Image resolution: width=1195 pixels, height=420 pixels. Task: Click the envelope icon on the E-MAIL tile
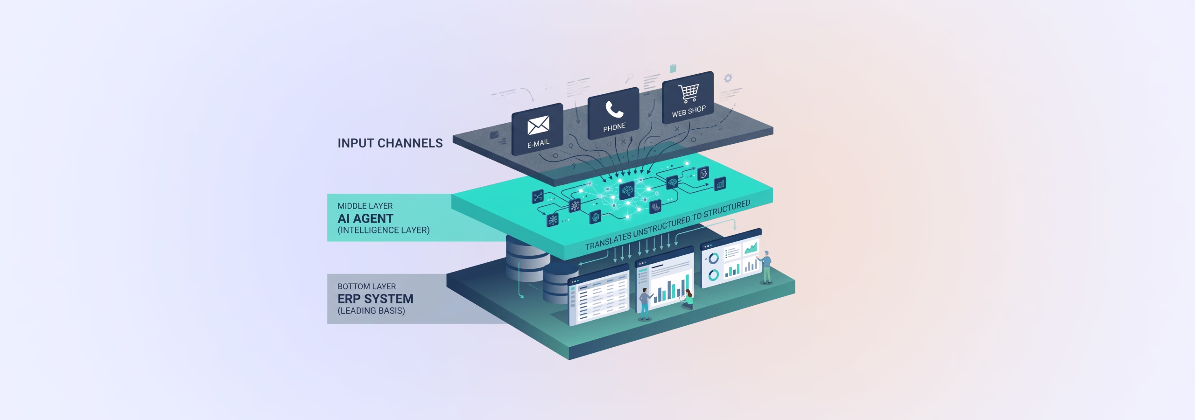coord(538,125)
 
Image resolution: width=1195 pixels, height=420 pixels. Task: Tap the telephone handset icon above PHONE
coord(614,109)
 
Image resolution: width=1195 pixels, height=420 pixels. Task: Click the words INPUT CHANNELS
coord(390,143)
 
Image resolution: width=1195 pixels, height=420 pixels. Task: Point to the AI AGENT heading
coord(366,218)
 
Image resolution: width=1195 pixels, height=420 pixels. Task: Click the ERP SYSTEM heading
coord(375,299)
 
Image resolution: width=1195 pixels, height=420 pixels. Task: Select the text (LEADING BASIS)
coord(371,311)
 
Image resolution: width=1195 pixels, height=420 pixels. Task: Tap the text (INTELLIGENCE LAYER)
coord(383,230)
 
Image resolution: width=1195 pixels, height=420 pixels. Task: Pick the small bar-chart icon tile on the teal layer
coord(720,183)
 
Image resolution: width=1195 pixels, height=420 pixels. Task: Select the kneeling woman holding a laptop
coord(688,299)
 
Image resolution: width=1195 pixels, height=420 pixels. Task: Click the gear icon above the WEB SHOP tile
coord(727,78)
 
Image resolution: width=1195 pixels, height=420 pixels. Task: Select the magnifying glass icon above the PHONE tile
coord(629,77)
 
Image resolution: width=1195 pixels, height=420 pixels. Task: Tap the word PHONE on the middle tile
coord(614,127)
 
